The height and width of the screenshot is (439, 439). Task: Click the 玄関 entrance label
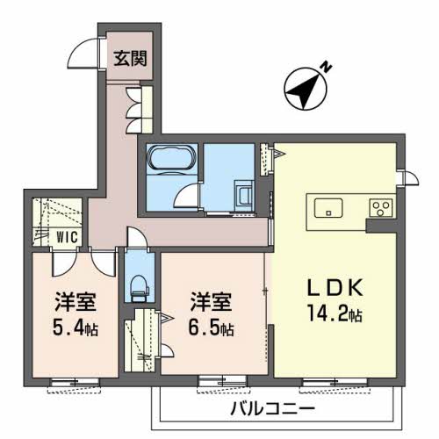[x=130, y=58]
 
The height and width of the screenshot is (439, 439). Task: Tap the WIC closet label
[x=68, y=237]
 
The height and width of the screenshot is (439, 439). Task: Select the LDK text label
[x=335, y=287]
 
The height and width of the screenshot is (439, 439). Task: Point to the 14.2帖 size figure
[x=335, y=313]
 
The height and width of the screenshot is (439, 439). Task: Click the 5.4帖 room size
[x=76, y=327]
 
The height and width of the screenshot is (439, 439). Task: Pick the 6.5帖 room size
[x=211, y=327]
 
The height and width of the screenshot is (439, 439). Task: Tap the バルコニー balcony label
[x=272, y=408]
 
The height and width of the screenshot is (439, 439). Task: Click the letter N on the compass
[x=327, y=67]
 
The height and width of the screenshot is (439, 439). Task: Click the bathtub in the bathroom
[x=171, y=157]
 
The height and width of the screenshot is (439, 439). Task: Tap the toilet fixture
[x=140, y=289]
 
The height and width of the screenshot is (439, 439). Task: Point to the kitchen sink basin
[x=328, y=208]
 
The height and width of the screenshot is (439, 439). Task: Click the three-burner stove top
[x=380, y=207]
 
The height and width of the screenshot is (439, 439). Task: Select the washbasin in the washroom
[x=244, y=195]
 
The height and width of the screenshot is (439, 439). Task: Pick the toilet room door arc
[x=135, y=236]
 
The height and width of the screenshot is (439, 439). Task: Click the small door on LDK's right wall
[x=409, y=177]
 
